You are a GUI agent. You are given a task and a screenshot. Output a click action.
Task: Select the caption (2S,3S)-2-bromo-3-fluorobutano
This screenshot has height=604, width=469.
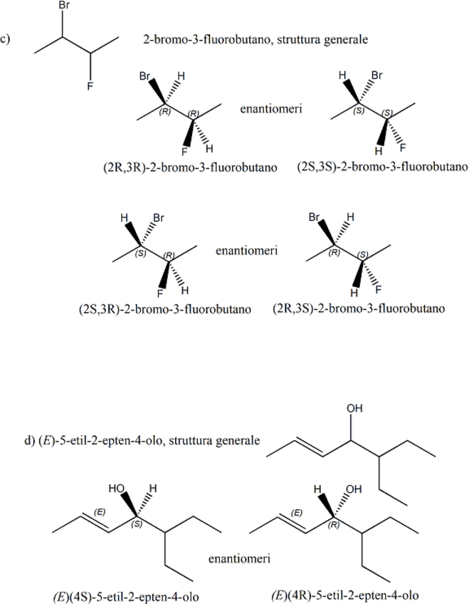381,168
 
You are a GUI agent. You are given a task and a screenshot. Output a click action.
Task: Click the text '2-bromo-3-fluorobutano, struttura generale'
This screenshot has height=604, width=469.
255,41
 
